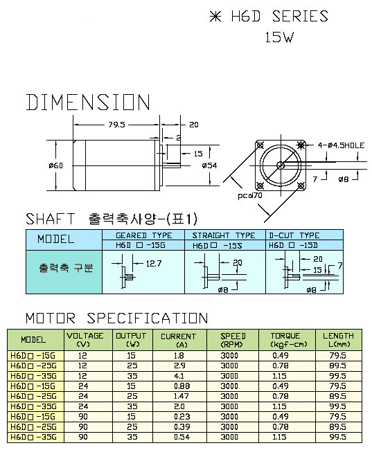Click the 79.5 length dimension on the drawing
(x=116, y=125)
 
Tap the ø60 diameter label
(x=55, y=165)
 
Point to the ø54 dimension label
(x=209, y=165)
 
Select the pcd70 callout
(x=250, y=195)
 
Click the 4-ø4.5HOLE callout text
(x=341, y=145)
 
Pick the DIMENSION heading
(x=88, y=102)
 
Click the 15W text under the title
(x=279, y=37)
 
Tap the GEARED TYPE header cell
(x=143, y=235)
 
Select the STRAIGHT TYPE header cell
(x=224, y=235)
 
